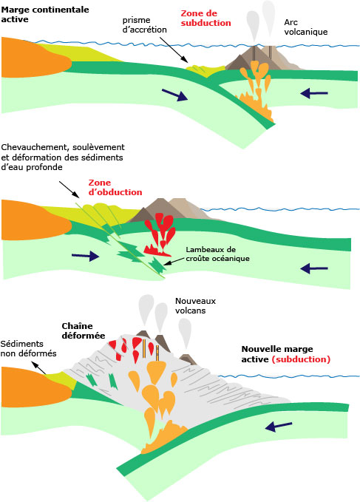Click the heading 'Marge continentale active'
pos(45,14)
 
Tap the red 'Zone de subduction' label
pos(206,18)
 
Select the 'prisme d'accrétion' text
pos(145,25)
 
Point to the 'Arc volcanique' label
pos(306,27)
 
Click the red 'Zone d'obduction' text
pos(115,188)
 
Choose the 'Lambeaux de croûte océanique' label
pos(217,254)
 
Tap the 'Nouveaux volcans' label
pos(195,306)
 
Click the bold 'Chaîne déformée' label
pos(84,330)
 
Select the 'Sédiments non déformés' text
pos(29,349)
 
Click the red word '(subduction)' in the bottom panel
pos(301,359)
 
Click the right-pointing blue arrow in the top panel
pos(174,95)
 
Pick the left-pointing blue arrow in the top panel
pos(314,93)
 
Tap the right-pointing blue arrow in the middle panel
pos(86,256)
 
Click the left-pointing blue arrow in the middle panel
pos(314,268)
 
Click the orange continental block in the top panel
pos(35,58)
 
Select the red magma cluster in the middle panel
pos(160,234)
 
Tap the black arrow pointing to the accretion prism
pos(174,50)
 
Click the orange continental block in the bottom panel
pos(35,387)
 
